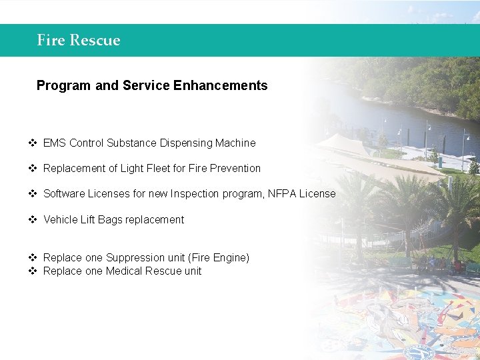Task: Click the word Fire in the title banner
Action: (50, 40)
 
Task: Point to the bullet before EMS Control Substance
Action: (32, 143)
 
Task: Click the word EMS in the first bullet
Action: (55, 143)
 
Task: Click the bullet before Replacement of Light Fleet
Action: (32, 168)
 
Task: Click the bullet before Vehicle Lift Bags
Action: (32, 219)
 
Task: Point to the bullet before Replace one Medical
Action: (32, 271)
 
